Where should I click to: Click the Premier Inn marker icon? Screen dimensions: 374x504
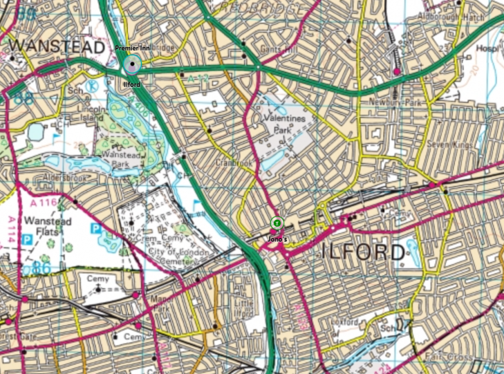(x=131, y=65)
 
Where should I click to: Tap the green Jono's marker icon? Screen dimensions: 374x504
(x=277, y=223)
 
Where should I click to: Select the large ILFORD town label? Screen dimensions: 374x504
(x=363, y=252)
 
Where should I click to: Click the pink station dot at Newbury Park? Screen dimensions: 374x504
(x=397, y=71)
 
